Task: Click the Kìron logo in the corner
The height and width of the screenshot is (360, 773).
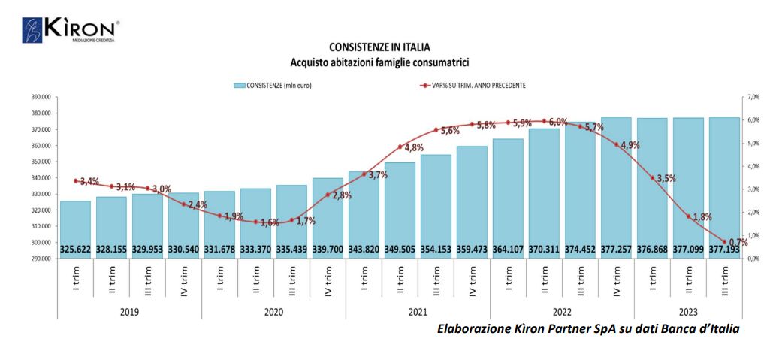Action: coord(70,30)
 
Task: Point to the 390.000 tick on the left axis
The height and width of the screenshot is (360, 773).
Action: coord(38,98)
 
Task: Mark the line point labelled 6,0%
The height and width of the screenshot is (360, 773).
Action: coord(544,121)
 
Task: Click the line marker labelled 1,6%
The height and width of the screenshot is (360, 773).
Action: coord(255,222)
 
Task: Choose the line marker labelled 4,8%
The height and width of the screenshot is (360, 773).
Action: coord(400,147)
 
